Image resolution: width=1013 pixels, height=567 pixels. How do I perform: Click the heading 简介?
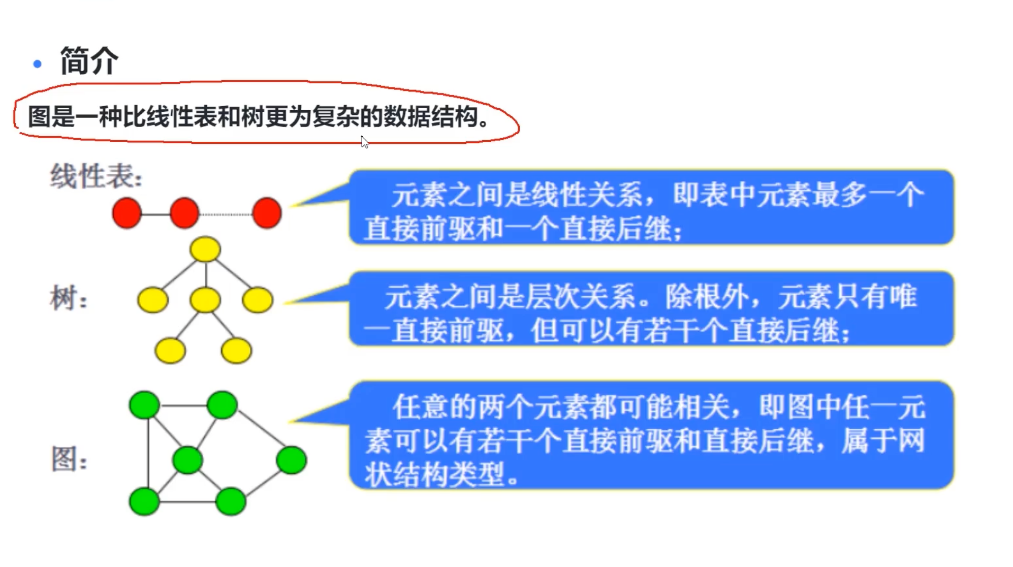pyautogui.click(x=89, y=61)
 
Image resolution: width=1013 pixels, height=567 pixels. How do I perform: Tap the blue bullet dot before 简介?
pyautogui.click(x=37, y=64)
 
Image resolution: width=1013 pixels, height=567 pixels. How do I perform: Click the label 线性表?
pyautogui.click(x=96, y=177)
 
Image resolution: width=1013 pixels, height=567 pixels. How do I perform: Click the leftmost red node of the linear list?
pyautogui.click(x=126, y=213)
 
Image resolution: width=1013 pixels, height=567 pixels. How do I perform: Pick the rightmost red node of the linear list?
pyautogui.click(x=267, y=213)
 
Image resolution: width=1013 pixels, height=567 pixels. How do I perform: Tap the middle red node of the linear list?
pyautogui.click(x=184, y=213)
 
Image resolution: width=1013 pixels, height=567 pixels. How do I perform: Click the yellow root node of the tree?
pyautogui.click(x=205, y=249)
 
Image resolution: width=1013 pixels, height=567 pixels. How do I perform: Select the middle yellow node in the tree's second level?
pyautogui.click(x=205, y=300)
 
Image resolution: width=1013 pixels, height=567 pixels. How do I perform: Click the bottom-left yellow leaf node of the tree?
pyautogui.click(x=170, y=351)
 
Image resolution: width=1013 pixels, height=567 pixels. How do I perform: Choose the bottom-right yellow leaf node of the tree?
pyautogui.click(x=236, y=351)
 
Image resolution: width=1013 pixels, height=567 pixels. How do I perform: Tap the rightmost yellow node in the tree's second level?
pyautogui.click(x=258, y=300)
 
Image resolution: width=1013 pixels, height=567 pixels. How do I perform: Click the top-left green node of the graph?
pyautogui.click(x=145, y=405)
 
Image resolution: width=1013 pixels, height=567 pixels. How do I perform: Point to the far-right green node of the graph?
pyautogui.click(x=292, y=460)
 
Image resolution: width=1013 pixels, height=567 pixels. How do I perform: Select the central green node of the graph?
pyautogui.click(x=188, y=460)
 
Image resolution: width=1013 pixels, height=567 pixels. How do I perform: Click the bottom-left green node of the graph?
pyautogui.click(x=145, y=501)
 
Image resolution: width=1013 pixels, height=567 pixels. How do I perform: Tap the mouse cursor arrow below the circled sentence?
pyautogui.click(x=364, y=142)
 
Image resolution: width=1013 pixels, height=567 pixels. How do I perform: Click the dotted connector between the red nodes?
pyautogui.click(x=226, y=214)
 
